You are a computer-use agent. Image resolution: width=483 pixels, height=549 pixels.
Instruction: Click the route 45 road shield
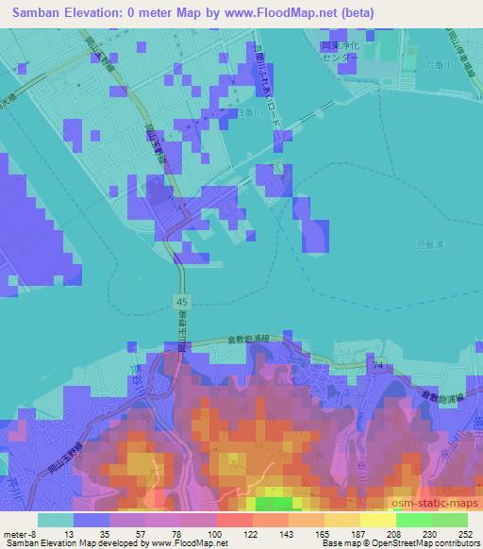click(x=180, y=300)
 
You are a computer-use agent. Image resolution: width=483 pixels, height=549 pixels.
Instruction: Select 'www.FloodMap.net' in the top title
click(x=280, y=13)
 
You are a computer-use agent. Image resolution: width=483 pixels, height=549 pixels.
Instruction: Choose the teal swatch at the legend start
click(x=56, y=519)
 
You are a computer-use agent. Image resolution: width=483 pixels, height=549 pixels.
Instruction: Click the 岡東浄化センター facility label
click(x=339, y=50)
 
